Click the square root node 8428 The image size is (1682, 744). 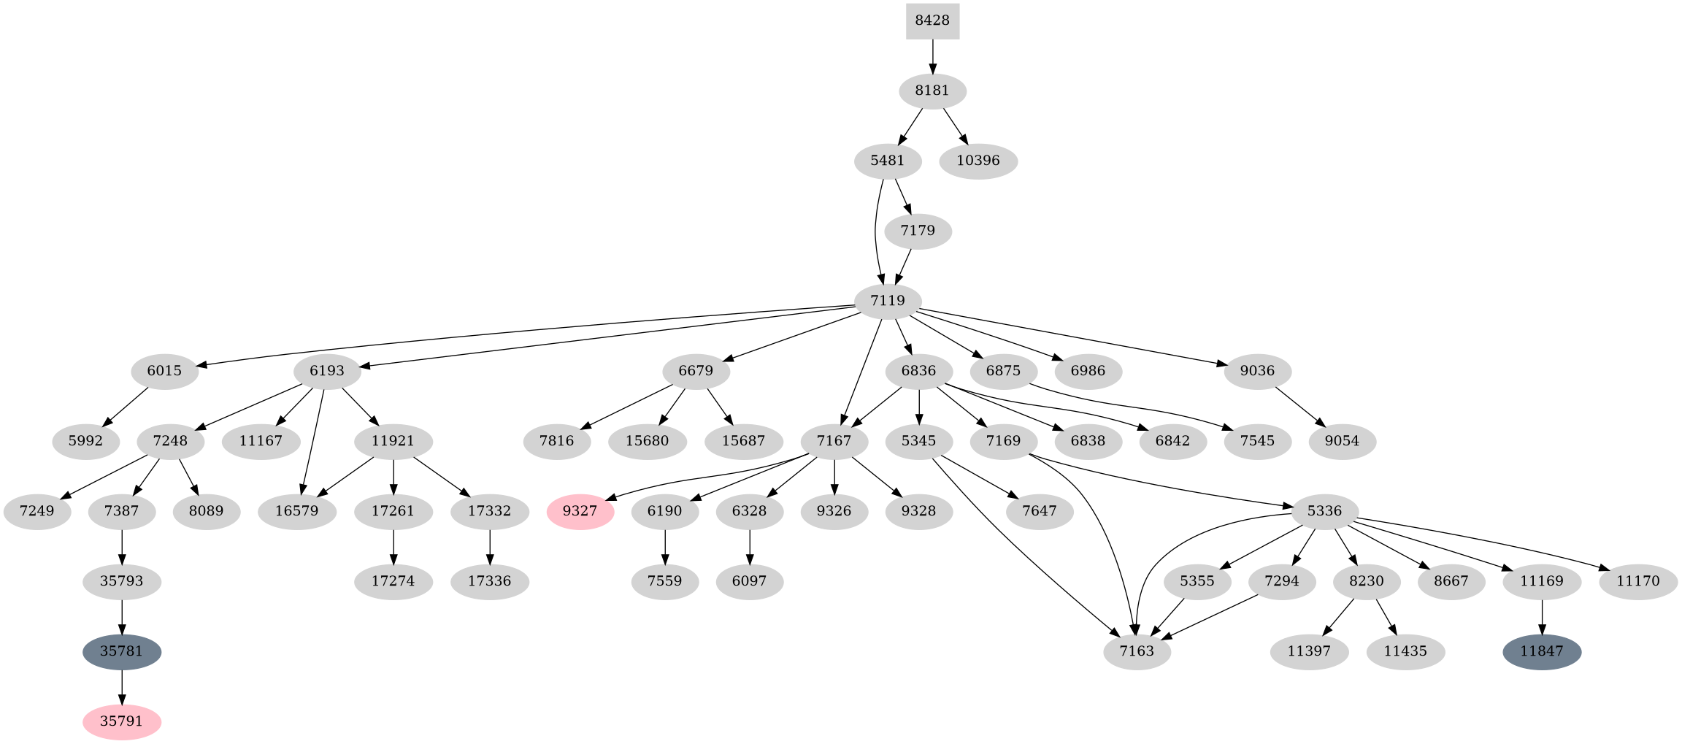click(932, 20)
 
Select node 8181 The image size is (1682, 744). click(932, 91)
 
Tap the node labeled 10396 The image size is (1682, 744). click(978, 161)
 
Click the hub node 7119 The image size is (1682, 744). click(888, 301)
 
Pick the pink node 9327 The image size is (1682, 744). click(580, 511)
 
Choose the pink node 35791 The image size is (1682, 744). click(121, 721)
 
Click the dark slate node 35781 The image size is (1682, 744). click(121, 651)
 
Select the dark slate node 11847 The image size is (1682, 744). click(1542, 651)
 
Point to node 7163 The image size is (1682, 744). click(1137, 651)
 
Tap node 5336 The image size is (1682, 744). click(1324, 511)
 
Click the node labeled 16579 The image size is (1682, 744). click(296, 511)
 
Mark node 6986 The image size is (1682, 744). click(1088, 371)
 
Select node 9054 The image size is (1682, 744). click(1342, 441)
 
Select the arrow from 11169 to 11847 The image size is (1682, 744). click(1542, 616)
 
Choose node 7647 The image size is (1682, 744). click(1039, 511)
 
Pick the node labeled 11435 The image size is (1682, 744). click(1405, 651)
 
